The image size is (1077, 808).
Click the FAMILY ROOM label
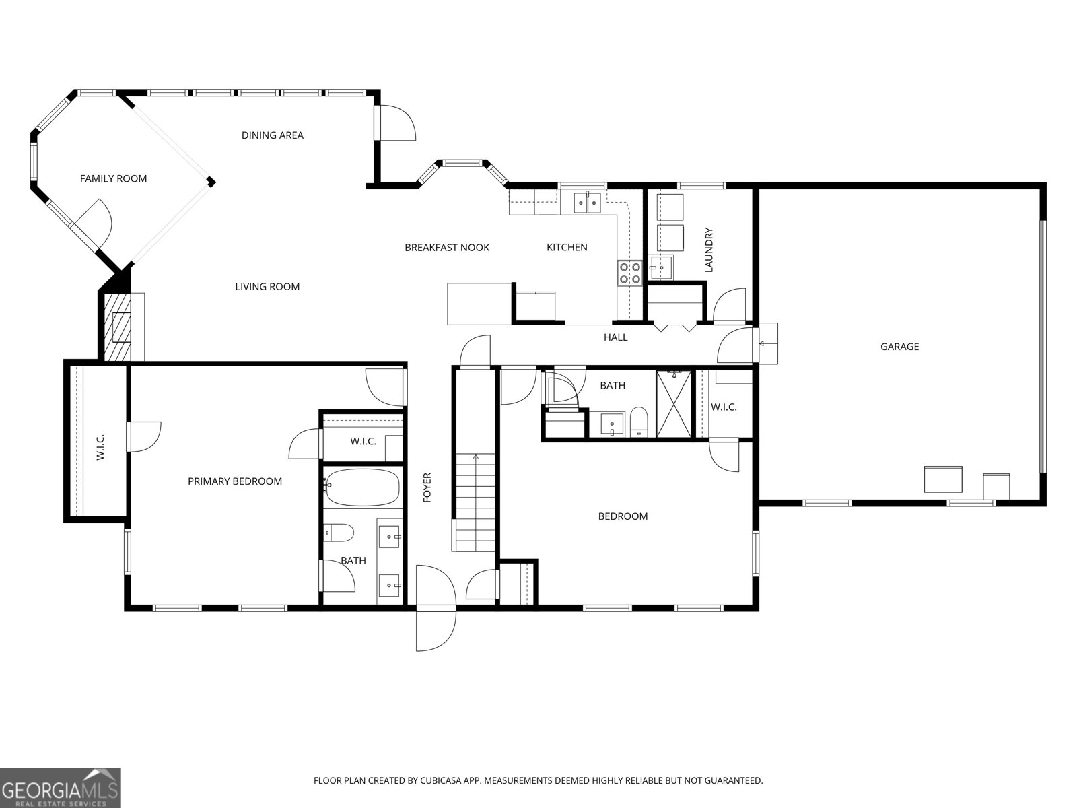click(x=113, y=178)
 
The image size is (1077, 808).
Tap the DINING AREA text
click(x=272, y=135)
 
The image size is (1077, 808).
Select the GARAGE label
click(x=899, y=347)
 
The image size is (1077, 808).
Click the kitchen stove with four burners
click(x=630, y=273)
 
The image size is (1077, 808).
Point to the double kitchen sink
click(x=587, y=202)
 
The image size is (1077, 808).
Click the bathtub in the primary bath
click(x=362, y=487)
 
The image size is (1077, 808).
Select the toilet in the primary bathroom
click(x=339, y=533)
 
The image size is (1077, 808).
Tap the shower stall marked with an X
click(x=674, y=404)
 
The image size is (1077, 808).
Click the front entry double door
click(x=435, y=608)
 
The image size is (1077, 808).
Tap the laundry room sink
click(x=660, y=268)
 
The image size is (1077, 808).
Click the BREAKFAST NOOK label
click(x=446, y=248)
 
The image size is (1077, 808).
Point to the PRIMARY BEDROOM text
click(x=234, y=481)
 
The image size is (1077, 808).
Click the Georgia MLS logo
click(x=60, y=786)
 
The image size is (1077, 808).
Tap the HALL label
click(x=615, y=337)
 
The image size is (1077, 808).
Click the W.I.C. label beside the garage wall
click(x=724, y=407)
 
